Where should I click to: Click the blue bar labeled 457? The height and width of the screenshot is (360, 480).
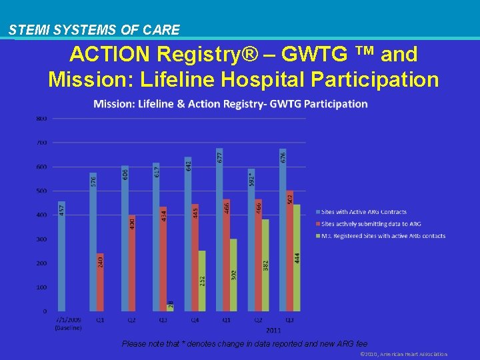tap(61, 256)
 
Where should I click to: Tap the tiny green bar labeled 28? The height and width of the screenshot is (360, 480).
tap(170, 307)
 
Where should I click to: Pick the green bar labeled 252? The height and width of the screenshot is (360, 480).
tap(202, 281)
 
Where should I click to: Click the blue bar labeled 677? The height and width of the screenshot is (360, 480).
tap(220, 229)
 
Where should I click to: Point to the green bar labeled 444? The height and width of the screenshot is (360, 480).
tap(297, 257)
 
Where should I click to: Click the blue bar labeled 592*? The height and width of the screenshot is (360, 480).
tap(251, 239)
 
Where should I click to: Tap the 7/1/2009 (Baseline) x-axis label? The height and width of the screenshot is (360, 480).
tap(67, 323)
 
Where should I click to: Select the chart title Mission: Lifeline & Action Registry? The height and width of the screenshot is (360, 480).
tap(230, 104)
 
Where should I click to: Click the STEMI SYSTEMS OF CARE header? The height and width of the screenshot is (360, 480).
tap(94, 30)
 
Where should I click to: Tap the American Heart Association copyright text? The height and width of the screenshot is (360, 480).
tap(403, 354)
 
